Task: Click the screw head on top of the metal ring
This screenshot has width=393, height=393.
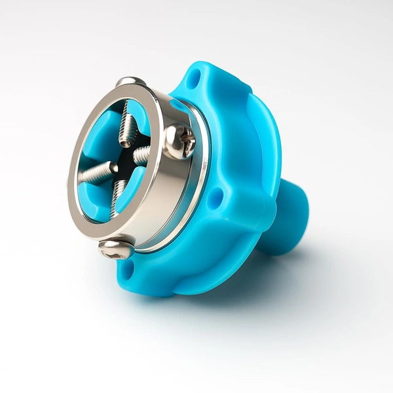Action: pos(130,82)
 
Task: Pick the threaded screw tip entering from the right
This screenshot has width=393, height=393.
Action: pos(142,155)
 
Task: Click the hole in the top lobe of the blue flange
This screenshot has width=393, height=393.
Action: pos(192,81)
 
